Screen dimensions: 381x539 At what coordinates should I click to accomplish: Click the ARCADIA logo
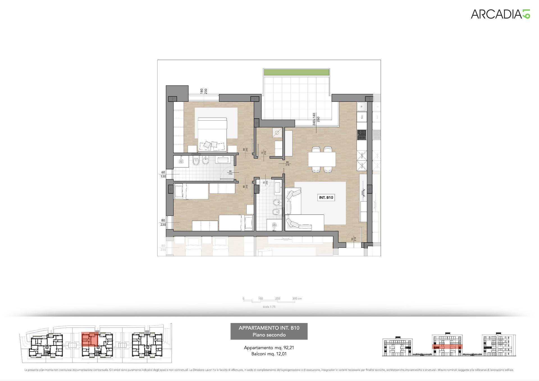coord(500,14)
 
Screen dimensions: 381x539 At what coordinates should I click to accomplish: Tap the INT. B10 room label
coord(326,198)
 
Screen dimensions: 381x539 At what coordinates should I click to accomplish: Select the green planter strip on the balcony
coord(296,72)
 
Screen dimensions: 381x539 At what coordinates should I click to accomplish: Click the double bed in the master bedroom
coord(212,134)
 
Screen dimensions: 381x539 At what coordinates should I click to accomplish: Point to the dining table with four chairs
coord(322,160)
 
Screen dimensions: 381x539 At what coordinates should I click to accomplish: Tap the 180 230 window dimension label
coord(204,91)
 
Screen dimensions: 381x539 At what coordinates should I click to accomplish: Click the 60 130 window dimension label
coord(163,174)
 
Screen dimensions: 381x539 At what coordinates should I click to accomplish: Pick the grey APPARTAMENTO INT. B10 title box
coord(269,331)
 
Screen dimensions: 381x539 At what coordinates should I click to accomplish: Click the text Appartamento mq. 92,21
coord(269,348)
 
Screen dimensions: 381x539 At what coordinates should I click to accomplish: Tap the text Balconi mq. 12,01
coord(269,354)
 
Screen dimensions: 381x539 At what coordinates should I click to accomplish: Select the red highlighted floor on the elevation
coord(447,346)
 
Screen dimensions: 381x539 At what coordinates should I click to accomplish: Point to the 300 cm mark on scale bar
coord(296,299)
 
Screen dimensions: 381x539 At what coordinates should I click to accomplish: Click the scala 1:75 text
coord(269,307)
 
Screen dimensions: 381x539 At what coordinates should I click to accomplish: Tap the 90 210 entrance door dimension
coord(353,239)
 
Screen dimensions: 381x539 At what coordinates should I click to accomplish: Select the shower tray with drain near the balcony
coord(277,133)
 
